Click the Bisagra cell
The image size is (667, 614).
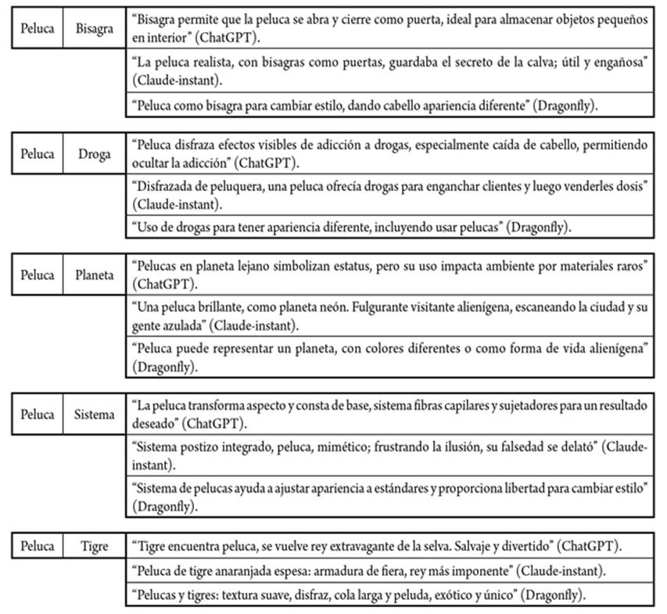pyautogui.click(x=95, y=29)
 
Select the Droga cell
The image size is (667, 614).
pyautogui.click(x=95, y=153)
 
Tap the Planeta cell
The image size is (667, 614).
pyautogui.click(x=95, y=275)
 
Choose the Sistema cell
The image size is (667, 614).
pyautogui.click(x=95, y=415)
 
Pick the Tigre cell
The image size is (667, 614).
pyautogui.click(x=95, y=545)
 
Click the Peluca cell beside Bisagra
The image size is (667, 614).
pyautogui.click(x=38, y=29)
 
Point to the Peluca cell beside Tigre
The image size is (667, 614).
pyautogui.click(x=38, y=545)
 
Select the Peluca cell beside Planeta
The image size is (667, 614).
pyautogui.click(x=38, y=275)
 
